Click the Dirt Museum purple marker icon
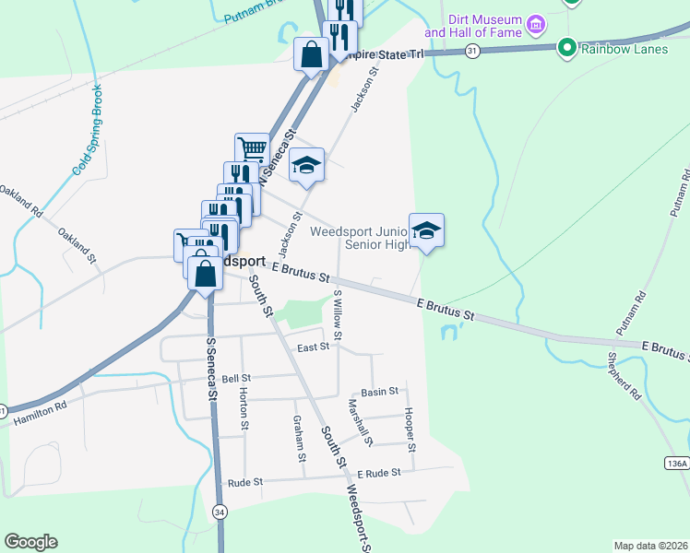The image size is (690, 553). click(x=535, y=23)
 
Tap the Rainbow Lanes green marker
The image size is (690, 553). click(x=567, y=47)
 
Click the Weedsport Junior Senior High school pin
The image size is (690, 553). click(x=426, y=230)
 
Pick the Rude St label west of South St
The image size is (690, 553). click(x=245, y=482)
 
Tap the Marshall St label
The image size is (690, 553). click(x=361, y=423)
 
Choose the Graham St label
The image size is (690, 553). click(x=299, y=437)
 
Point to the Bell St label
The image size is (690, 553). click(x=236, y=378)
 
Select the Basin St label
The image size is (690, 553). click(x=379, y=393)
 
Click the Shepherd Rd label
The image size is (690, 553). click(x=625, y=375)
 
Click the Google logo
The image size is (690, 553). click(x=30, y=542)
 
